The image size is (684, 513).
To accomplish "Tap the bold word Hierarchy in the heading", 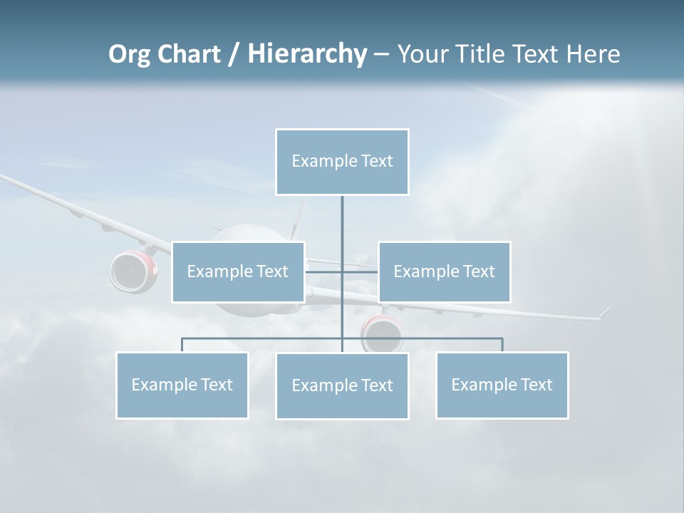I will (x=306, y=54).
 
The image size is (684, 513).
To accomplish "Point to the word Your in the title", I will (x=423, y=54).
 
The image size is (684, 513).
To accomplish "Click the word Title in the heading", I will (x=480, y=54).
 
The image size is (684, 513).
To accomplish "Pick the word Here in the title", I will (x=593, y=54).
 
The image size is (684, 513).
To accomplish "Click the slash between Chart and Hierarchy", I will (x=234, y=55).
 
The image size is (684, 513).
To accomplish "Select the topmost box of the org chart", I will (x=342, y=162).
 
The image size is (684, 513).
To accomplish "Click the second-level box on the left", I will (x=238, y=271).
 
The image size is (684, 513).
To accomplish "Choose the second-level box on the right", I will (x=444, y=271).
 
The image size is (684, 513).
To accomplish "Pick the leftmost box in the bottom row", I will (x=182, y=385).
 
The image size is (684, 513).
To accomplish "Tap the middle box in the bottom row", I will (x=342, y=385).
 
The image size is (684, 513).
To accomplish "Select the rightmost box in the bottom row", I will (x=502, y=385).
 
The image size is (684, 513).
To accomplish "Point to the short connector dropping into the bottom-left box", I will (x=182, y=345).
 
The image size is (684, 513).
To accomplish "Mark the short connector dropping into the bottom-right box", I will (x=502, y=345).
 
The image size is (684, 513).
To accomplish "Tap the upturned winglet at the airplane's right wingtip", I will (x=604, y=312).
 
